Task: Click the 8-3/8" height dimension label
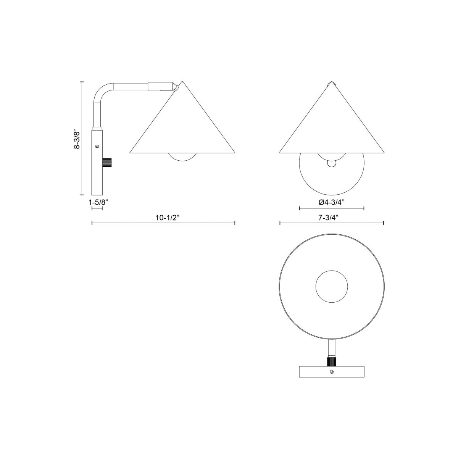[77, 139]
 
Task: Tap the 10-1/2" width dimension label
[167, 218]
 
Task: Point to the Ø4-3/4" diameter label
[332, 202]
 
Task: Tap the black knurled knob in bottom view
[331, 361]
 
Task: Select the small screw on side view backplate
[97, 146]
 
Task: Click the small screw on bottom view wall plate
[331, 372]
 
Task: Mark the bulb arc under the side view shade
[183, 157]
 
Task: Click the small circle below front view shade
[332, 163]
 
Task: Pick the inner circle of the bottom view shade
[332, 286]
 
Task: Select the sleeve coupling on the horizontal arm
[160, 86]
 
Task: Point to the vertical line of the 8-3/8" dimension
[82, 138]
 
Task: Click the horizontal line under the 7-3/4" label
[331, 223]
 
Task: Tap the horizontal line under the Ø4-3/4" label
[332, 208]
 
